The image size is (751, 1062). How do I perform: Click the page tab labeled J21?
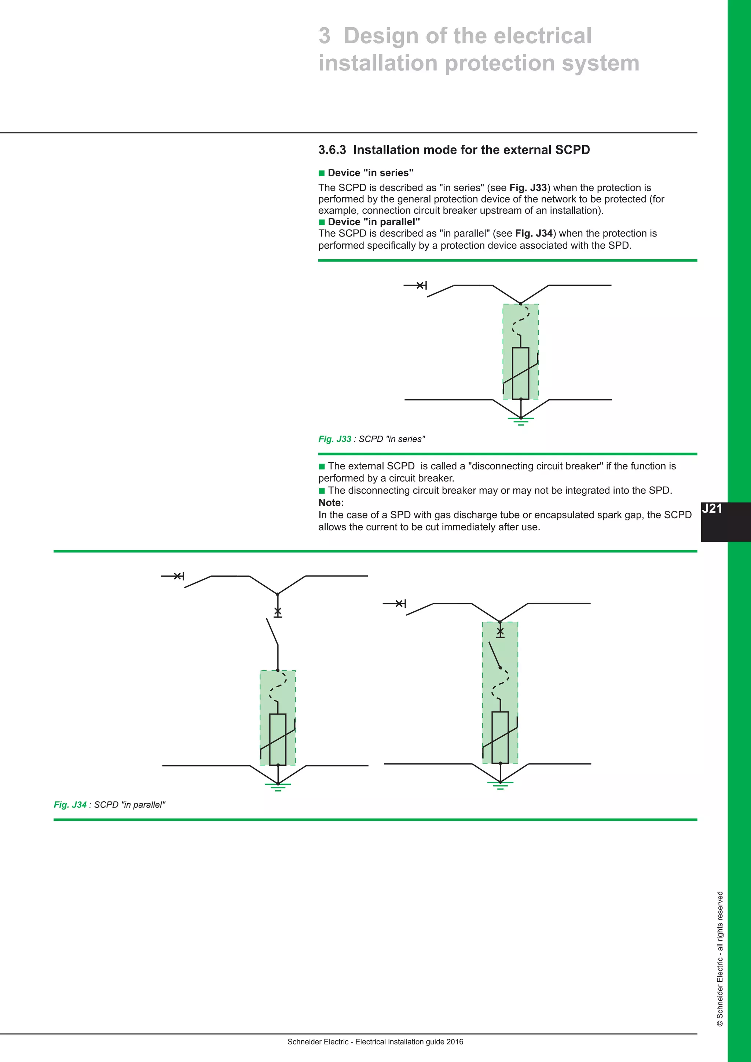[712, 509]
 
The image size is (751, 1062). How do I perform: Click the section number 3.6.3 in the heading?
[331, 150]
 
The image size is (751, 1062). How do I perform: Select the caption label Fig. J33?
[334, 439]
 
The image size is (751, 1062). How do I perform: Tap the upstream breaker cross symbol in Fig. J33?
[420, 285]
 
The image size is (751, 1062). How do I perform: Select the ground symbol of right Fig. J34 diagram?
[500, 785]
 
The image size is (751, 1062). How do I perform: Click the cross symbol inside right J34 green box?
[500, 631]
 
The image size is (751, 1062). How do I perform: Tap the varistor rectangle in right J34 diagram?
[500, 737]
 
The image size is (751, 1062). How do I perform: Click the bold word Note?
[331, 503]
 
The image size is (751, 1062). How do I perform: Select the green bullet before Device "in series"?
[322, 173]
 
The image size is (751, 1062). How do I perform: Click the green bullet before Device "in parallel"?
[322, 223]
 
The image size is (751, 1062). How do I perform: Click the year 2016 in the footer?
[455, 1042]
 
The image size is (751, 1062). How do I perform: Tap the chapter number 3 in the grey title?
[325, 36]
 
